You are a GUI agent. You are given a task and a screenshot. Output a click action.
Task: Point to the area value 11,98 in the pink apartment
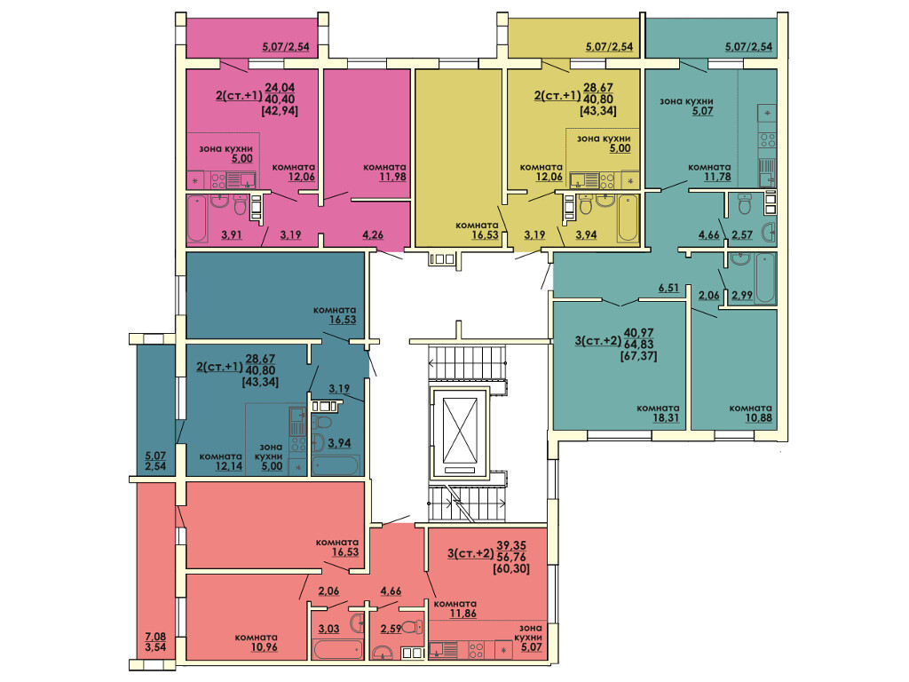point(392,177)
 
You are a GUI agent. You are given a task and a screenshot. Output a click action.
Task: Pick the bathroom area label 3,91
point(232,234)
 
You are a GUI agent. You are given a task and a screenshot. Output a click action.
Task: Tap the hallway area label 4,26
point(372,234)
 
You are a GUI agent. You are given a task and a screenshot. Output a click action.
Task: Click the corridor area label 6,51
point(668,287)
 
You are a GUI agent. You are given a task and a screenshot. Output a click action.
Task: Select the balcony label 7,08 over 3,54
point(155,642)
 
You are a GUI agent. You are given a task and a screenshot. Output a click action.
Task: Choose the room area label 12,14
point(229,465)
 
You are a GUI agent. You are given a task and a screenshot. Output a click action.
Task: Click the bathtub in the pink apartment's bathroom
point(197,218)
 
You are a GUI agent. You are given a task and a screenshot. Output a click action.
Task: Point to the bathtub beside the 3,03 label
point(336,649)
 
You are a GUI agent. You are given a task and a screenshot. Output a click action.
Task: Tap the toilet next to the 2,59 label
point(412,627)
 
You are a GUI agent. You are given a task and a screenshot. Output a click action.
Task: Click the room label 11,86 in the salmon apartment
point(463,613)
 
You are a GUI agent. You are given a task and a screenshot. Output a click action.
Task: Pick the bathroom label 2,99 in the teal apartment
point(742,295)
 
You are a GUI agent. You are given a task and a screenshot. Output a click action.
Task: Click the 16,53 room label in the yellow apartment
point(486,234)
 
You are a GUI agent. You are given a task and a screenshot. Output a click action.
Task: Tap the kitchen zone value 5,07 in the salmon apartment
point(531,646)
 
